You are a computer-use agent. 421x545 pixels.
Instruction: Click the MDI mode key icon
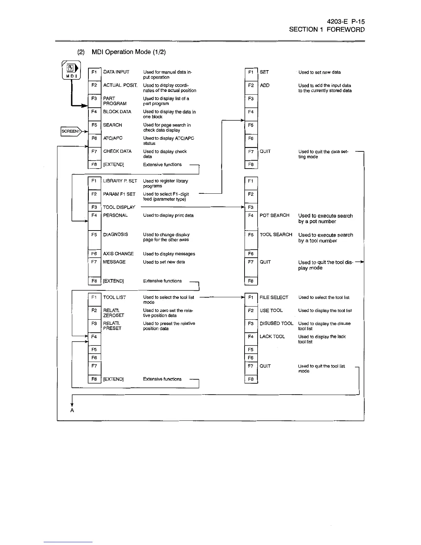[71, 71]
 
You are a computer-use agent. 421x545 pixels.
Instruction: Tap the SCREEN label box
[71, 131]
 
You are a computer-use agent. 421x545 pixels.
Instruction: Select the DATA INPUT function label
[116, 72]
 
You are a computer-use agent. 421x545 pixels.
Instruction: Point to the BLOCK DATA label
[117, 112]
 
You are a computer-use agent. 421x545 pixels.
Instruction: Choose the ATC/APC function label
[113, 138]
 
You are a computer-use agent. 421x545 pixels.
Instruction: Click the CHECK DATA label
[117, 151]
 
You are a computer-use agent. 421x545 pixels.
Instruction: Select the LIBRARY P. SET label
[120, 181]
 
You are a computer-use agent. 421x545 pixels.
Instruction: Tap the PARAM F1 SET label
[119, 194]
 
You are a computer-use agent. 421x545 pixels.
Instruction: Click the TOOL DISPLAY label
[119, 207]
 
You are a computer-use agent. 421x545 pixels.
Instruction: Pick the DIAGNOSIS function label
[116, 235]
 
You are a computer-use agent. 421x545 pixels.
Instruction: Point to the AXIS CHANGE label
[118, 254]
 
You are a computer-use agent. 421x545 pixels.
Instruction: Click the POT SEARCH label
[274, 215]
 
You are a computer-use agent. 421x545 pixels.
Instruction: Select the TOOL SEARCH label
[276, 235]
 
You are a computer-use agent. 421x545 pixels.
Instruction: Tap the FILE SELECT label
[274, 297]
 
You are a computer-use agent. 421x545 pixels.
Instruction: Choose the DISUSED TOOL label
[277, 323]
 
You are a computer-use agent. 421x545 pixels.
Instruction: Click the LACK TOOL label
[272, 336]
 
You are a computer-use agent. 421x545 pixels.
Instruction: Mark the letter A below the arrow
[72, 410]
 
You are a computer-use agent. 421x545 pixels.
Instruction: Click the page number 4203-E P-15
[346, 22]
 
